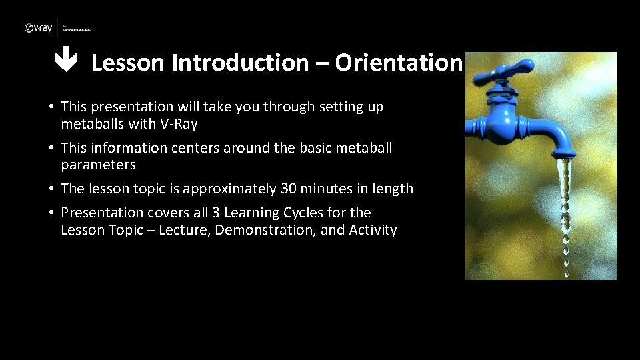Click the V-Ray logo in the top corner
(38, 28)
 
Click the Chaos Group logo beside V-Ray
(77, 29)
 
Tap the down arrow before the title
(66, 62)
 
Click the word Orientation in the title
(398, 63)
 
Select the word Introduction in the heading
(240, 63)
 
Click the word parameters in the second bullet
(98, 165)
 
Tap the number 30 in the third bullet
(289, 189)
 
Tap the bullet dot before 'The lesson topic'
(51, 189)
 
